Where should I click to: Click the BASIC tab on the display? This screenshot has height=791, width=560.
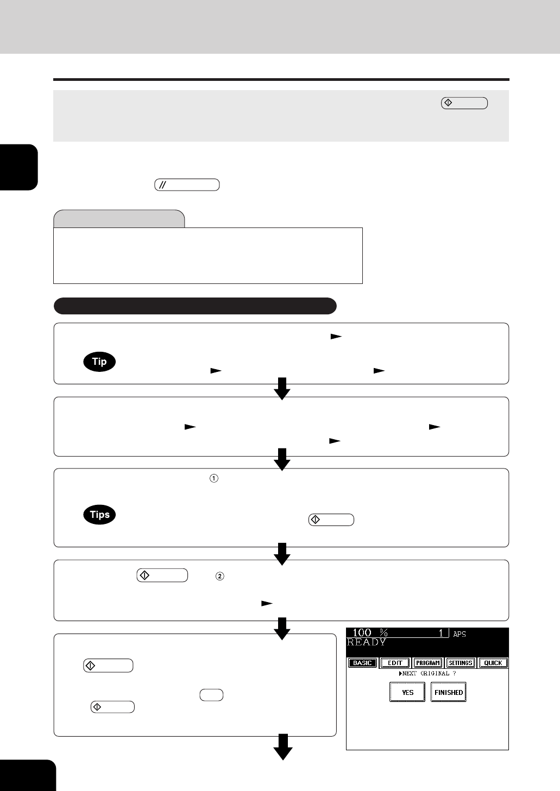[362, 663]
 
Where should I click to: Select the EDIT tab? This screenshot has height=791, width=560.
[395, 663]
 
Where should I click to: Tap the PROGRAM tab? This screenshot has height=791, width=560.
[427, 663]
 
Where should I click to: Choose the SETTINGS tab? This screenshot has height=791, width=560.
[461, 663]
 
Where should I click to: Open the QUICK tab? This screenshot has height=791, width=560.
[493, 663]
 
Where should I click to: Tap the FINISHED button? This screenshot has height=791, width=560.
[448, 692]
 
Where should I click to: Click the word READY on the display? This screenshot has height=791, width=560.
[367, 642]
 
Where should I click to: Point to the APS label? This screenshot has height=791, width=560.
[460, 634]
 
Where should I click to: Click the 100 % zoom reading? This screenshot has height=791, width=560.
[370, 633]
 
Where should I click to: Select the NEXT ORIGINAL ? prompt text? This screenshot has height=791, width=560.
[427, 673]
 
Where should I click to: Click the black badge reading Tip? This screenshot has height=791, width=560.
[99, 362]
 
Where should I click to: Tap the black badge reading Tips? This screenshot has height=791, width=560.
[99, 515]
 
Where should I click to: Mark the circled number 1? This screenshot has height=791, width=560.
[214, 478]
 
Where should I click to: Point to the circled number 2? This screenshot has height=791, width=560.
[220, 577]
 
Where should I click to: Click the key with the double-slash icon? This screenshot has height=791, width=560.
[187, 185]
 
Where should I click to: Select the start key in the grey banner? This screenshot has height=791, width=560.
[464, 103]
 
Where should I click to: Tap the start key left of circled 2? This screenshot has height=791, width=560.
[162, 575]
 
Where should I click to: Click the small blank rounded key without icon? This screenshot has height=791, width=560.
[211, 695]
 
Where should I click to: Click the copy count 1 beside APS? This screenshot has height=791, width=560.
[441, 633]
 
